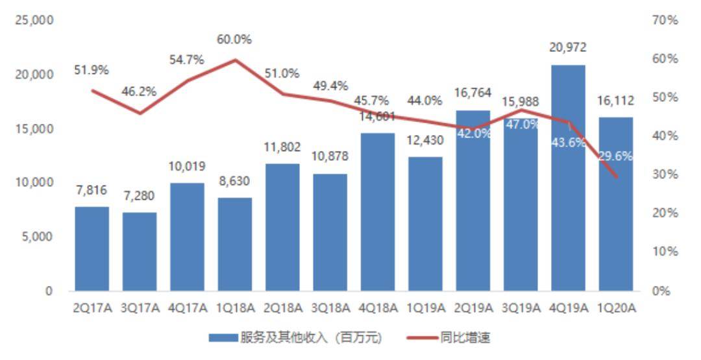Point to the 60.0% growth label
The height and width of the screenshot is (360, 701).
coord(234,40)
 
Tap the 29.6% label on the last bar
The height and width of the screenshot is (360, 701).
coord(615,156)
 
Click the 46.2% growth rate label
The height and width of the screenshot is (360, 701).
coord(139,91)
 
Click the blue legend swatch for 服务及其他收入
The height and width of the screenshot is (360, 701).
coord(223,338)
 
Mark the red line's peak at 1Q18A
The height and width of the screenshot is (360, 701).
coord(234,60)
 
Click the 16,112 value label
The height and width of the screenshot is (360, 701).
coord(615,101)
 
